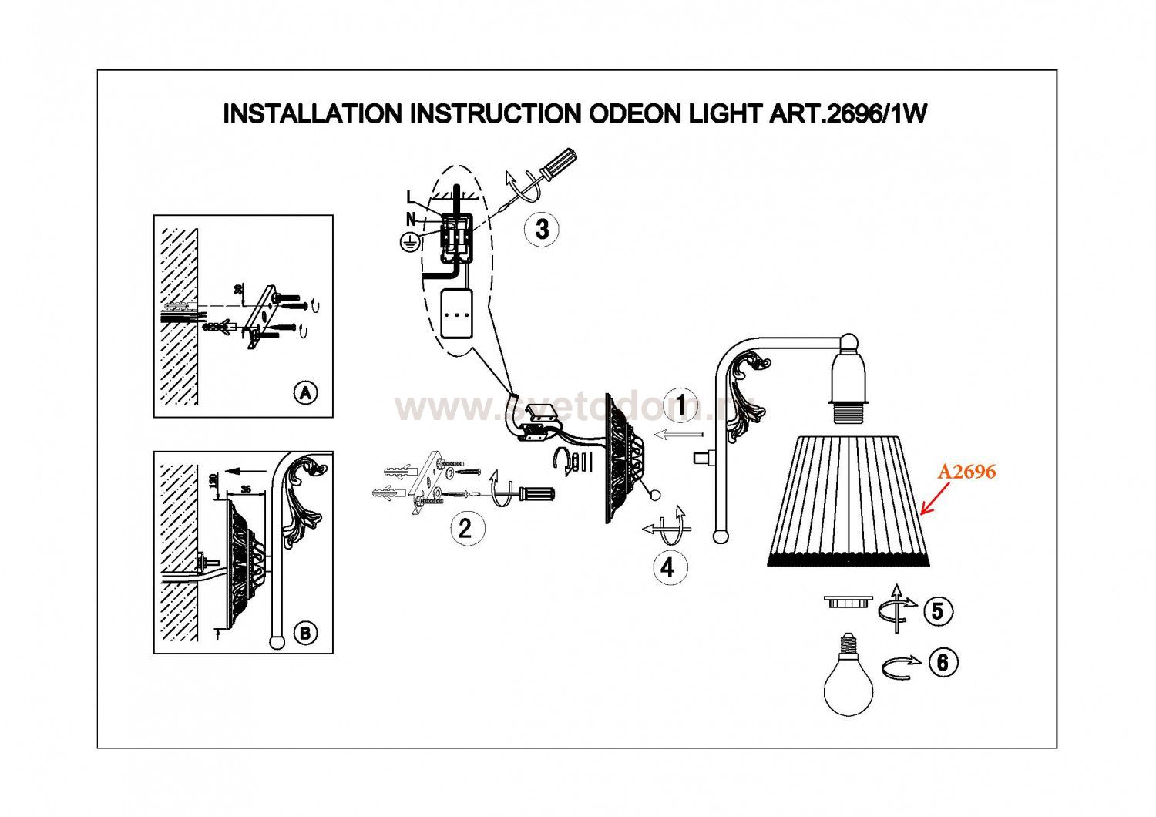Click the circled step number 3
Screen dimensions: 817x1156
pos(542,229)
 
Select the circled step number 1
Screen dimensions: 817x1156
pos(680,405)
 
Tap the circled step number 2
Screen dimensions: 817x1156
pos(465,528)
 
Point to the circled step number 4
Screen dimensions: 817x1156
pos(667,567)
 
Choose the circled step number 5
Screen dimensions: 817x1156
pos(937,611)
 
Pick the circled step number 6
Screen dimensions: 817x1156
pos(943,662)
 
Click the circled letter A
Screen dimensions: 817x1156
pos(306,393)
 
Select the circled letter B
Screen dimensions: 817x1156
pos(306,633)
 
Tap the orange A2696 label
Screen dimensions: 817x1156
pos(966,471)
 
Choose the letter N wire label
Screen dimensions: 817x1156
pos(411,219)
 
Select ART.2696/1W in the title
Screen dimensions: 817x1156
pos(848,114)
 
